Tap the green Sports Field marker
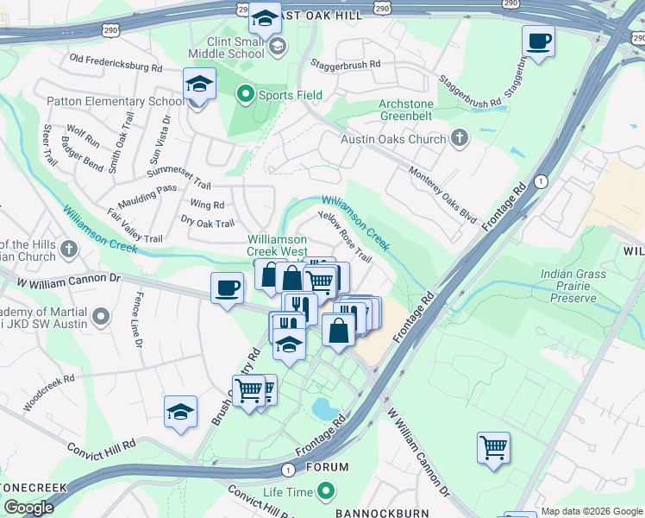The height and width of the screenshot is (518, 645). pos(246,95)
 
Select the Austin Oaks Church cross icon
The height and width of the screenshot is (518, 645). pos(460,138)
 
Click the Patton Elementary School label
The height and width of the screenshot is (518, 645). pos(114,101)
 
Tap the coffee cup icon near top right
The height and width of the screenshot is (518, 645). pos(538,41)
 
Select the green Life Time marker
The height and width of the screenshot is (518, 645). pos(326,491)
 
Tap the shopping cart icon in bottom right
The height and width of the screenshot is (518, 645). pos(493,448)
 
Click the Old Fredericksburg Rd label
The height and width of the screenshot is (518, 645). pos(116,63)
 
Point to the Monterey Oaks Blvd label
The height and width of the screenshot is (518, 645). pos(443,194)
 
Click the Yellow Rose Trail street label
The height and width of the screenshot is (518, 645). pos(345,237)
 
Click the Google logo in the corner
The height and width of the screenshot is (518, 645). pos(28,508)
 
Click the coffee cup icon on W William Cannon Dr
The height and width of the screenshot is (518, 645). pos(228,287)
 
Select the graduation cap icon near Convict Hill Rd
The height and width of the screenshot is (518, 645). pos(181,411)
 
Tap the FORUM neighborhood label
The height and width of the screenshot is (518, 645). pos(327,467)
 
